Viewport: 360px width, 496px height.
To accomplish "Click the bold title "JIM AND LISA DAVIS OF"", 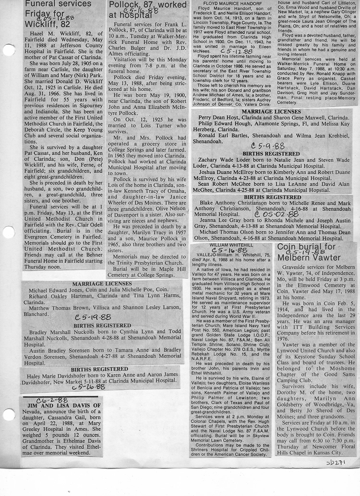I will click(60, 406).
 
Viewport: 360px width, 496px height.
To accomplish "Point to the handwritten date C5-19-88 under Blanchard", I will click(93, 317).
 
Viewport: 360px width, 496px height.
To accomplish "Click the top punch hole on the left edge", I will click(8, 49).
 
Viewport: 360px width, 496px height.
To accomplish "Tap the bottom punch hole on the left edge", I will click(8, 414).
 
